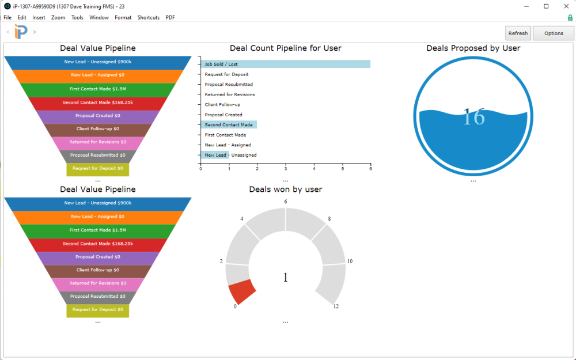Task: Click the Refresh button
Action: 518,33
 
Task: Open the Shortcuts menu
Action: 149,17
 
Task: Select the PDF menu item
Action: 170,17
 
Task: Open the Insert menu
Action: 39,17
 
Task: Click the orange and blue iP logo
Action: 21,32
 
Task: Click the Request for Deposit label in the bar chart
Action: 226,74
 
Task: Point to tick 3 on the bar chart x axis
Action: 286,169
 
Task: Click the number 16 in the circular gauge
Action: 473,118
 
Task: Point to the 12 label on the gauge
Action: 336,306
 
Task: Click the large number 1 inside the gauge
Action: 285,278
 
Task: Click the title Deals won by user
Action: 285,190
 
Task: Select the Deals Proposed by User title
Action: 473,48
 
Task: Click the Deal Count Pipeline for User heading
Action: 285,48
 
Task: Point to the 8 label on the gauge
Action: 329,219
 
